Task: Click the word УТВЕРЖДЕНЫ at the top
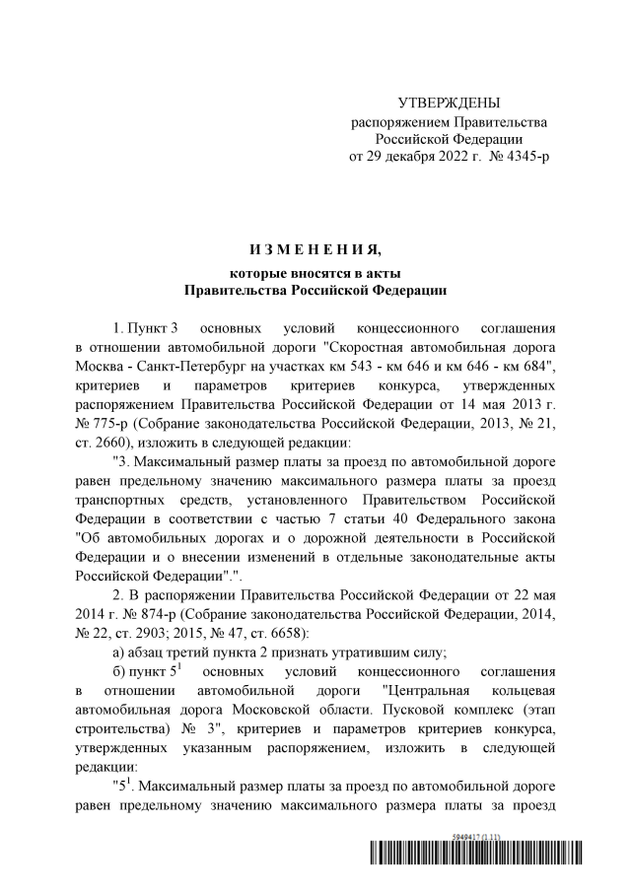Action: click(x=449, y=103)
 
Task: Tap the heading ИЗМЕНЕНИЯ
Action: click(x=315, y=246)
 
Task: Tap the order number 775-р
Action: click(x=110, y=422)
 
